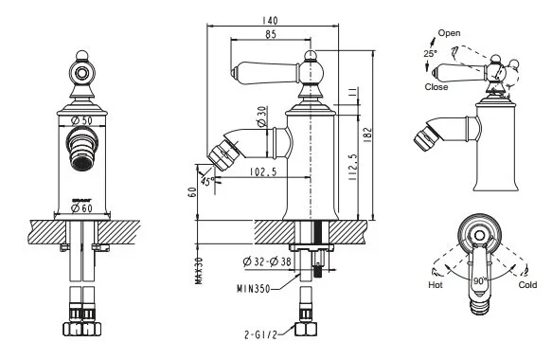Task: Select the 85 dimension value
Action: click(271, 36)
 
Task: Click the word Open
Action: click(450, 33)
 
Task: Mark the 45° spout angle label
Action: click(206, 181)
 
